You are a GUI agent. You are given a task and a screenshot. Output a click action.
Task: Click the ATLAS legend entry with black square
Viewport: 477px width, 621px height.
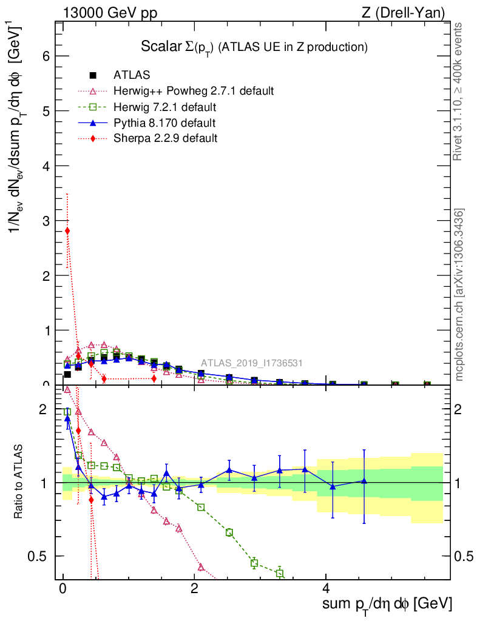point(132,75)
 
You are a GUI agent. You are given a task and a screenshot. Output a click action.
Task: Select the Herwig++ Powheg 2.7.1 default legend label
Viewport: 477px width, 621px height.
point(194,91)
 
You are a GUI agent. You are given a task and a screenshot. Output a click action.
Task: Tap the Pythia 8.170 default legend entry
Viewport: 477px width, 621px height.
point(164,123)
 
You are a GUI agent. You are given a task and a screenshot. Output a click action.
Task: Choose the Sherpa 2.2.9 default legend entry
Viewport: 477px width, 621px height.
point(165,139)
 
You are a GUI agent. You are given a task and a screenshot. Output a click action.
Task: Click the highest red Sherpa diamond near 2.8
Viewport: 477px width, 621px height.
point(67,230)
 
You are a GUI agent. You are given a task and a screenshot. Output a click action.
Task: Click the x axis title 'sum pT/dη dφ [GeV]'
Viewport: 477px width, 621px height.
point(387,605)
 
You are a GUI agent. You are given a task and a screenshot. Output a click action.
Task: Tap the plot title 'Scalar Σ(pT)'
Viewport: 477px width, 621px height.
point(254,47)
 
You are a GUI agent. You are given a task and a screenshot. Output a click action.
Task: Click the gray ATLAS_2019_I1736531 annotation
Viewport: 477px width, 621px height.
point(252,363)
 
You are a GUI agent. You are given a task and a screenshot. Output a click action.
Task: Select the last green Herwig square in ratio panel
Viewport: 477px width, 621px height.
point(280,573)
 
